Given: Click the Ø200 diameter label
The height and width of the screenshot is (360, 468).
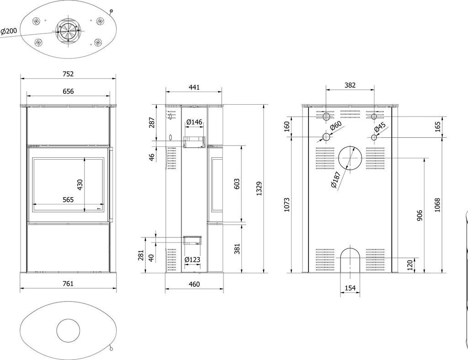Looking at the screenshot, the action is tap(9, 31).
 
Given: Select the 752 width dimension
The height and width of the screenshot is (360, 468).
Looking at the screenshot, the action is tap(68, 74).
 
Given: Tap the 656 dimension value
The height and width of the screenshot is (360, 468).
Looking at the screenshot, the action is tap(68, 91).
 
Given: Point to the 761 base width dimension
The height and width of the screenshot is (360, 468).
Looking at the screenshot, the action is tap(68, 284).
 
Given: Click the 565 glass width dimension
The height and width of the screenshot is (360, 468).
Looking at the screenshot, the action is tap(68, 199).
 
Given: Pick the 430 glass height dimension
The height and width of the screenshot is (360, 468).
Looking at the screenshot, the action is tap(80, 184).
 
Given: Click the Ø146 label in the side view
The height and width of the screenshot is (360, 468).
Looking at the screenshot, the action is tap(194, 122).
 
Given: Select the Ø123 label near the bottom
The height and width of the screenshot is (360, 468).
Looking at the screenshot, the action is tap(192, 260).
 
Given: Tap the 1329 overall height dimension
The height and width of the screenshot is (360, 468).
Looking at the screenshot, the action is tap(259, 189).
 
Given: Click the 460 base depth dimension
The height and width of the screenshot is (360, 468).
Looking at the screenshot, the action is tap(194, 284).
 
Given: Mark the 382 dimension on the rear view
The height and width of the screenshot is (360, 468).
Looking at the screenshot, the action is tap(350, 85).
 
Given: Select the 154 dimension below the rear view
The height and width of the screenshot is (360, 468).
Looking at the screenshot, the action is tap(349, 288).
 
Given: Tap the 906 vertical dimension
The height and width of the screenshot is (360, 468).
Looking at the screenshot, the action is tap(420, 215).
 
